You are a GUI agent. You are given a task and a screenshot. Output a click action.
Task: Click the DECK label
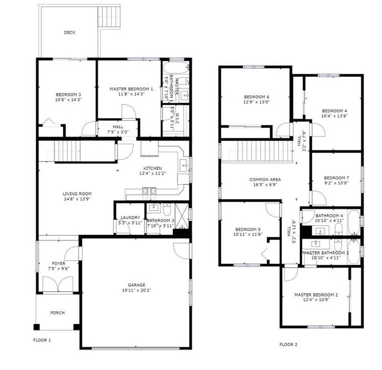(x=69, y=32)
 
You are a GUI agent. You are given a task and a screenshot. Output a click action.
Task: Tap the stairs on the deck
(x=109, y=17)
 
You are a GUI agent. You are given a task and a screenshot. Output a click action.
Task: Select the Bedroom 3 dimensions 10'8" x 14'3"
(x=69, y=100)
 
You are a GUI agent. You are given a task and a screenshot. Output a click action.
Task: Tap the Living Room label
(x=77, y=194)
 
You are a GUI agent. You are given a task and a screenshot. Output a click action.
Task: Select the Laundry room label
(x=130, y=218)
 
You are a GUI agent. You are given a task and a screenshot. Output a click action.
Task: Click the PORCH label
(x=57, y=313)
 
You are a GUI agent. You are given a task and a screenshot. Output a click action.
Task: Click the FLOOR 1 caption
(x=42, y=340)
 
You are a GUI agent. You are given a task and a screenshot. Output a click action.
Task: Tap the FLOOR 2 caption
(x=288, y=344)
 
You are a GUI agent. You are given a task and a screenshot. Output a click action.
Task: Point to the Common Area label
(x=265, y=180)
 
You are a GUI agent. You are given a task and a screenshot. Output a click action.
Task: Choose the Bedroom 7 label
(x=336, y=178)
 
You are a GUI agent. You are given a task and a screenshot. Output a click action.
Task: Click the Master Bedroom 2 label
(x=316, y=295)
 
